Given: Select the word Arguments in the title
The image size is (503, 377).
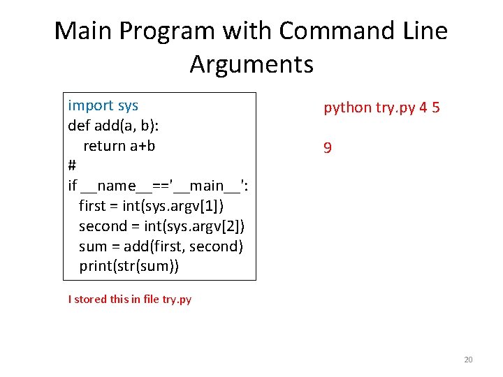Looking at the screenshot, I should pos(251,64).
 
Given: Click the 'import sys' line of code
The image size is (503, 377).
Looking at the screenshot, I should pos(103,105).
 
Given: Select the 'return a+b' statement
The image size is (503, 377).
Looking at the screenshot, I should pos(119,146).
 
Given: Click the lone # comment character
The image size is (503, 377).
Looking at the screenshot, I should pos(72,166).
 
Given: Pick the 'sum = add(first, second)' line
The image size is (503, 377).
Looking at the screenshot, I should pos(161,246).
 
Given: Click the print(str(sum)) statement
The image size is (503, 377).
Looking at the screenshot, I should pos(129,266).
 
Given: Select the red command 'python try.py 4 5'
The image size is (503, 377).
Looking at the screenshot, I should pos(381,108).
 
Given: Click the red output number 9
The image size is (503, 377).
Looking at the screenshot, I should pos(327,148).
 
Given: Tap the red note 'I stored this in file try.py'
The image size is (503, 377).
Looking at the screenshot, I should pos(130,300).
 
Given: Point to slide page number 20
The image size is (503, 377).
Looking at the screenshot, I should pos(468,360).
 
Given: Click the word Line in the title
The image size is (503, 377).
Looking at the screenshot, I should pos(425,31).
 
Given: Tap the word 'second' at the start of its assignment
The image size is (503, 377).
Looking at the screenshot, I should pos(103,226).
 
